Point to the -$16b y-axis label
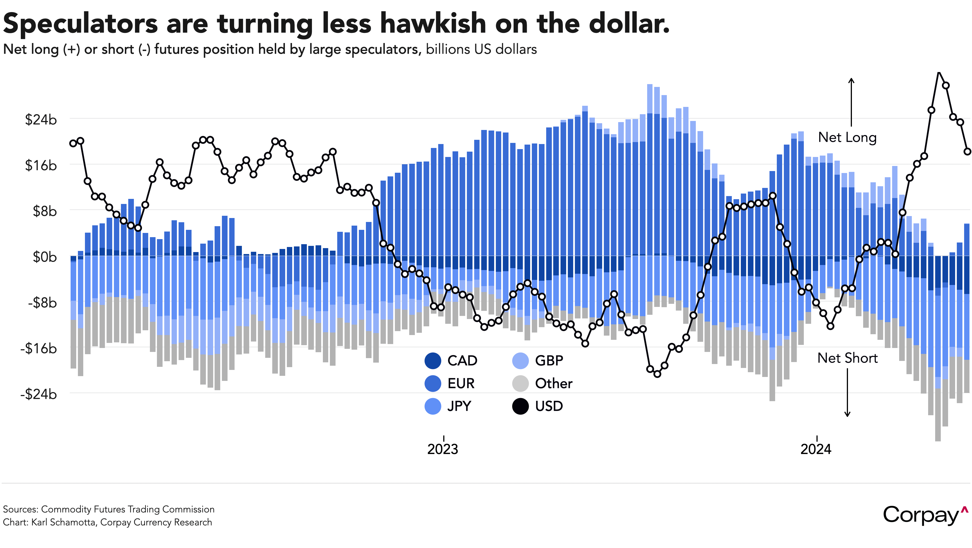coord(39,348)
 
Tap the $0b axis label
coord(44,257)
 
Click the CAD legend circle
coord(433,361)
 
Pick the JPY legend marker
coord(433,406)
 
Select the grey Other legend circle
coord(520,383)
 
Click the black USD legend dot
coord(520,406)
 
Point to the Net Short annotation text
coord(847,358)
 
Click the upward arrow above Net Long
coord(851,102)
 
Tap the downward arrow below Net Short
coord(847,392)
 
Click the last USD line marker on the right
coord(967,151)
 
